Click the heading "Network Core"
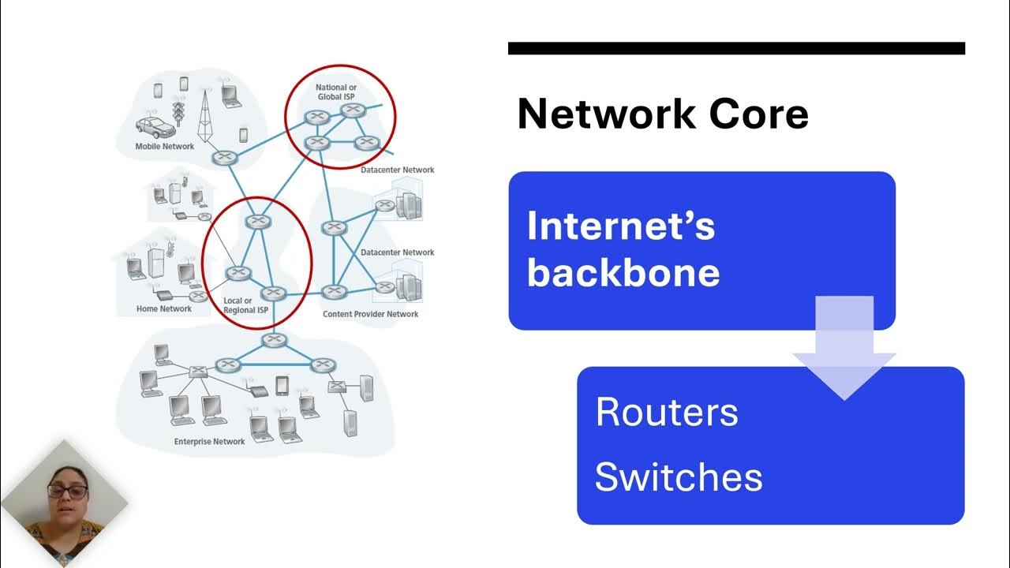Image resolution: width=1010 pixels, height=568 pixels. tap(663, 114)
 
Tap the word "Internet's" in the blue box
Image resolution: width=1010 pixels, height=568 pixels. tap(620, 226)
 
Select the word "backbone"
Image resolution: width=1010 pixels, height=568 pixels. tap(623, 273)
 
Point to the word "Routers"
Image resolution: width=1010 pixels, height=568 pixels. tap(667, 413)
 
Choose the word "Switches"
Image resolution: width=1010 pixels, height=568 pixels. tap(679, 477)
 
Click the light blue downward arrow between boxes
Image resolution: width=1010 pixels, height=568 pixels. tap(844, 347)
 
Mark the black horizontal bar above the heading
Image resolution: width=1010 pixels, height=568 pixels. tap(736, 49)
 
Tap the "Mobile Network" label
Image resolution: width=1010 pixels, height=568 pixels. tap(164, 147)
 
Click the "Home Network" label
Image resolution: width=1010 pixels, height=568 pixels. tap(164, 309)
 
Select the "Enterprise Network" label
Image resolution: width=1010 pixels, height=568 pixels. tap(209, 442)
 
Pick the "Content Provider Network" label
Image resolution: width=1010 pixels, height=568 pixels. tap(370, 314)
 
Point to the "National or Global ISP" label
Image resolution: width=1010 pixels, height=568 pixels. tap(336, 92)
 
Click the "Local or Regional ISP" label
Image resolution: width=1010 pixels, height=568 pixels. tap(245, 305)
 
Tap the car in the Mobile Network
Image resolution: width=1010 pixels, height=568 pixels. tap(155, 126)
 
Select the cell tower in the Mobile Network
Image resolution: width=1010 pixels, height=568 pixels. tap(207, 114)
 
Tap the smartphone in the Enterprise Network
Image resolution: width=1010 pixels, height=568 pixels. tap(282, 385)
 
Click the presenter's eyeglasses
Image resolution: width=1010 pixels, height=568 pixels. tap(66, 491)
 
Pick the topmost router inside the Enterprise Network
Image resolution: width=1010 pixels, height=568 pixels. tap(274, 341)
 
